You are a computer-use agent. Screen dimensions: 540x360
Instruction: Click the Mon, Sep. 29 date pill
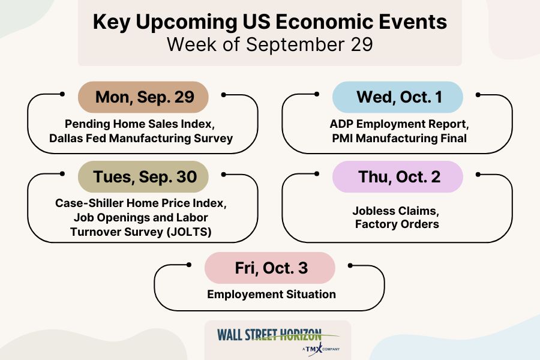click(143, 97)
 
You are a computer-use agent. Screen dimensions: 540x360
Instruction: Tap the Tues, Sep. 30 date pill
click(143, 177)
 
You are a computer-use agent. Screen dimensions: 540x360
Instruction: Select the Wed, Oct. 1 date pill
click(398, 97)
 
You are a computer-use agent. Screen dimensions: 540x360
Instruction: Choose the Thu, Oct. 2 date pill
click(398, 177)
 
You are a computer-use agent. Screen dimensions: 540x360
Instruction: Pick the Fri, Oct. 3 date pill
click(270, 268)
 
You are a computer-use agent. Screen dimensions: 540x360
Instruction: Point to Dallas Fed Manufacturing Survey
click(141, 138)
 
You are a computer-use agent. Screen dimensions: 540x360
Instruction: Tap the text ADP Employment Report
click(398, 124)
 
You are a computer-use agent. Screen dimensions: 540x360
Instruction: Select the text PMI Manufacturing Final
click(399, 138)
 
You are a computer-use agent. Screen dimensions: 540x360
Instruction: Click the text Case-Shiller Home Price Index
click(140, 203)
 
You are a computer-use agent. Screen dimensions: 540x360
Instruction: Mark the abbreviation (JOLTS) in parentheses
click(189, 232)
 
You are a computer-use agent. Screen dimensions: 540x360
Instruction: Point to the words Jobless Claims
click(395, 211)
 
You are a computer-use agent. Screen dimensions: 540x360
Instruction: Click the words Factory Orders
click(397, 224)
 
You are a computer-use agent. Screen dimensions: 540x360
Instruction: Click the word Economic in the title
click(325, 22)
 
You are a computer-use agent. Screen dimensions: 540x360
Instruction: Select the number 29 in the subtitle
click(362, 44)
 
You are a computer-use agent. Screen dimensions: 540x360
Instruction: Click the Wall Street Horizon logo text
click(269, 335)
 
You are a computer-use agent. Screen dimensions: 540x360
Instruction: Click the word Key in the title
click(112, 22)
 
